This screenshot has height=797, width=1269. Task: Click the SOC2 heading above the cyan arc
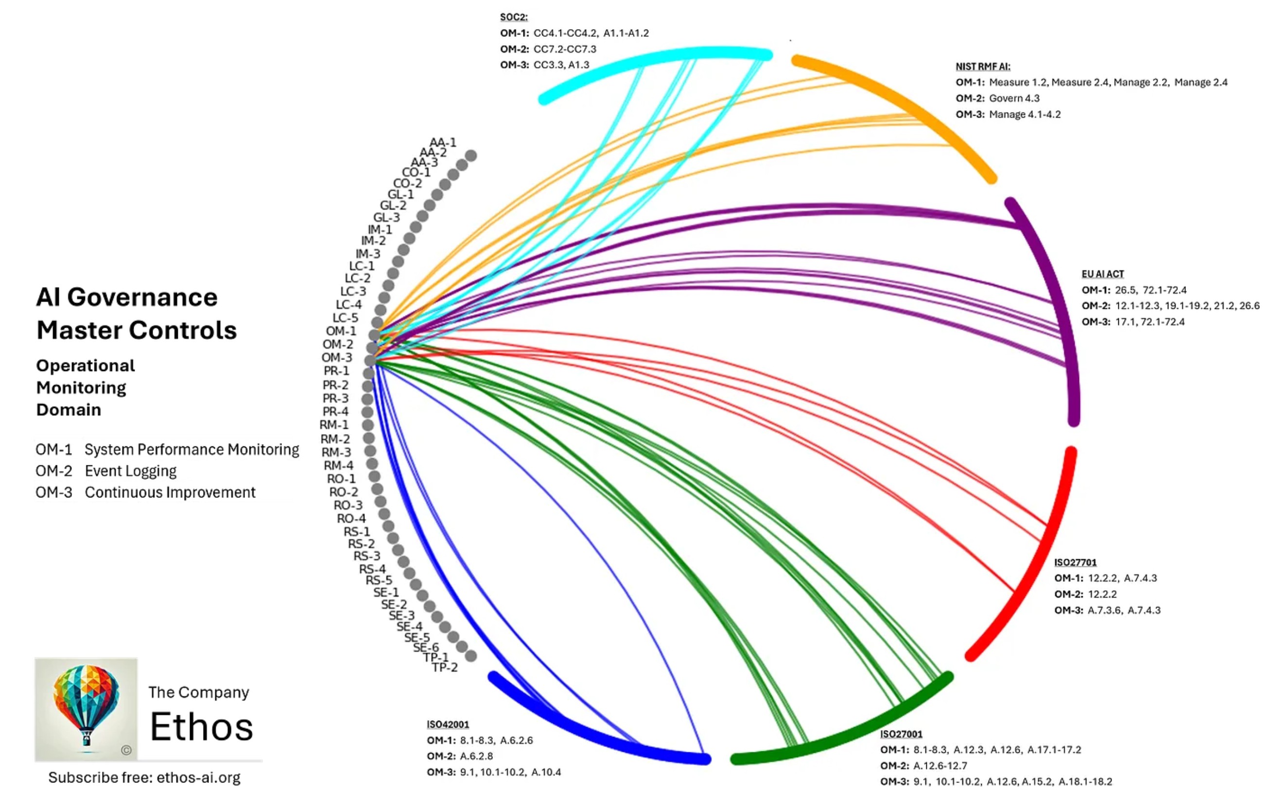[513, 18]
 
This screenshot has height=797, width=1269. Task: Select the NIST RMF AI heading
[982, 67]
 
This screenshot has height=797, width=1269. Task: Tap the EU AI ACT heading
[1103, 274]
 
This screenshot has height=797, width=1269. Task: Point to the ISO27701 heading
[1075, 563]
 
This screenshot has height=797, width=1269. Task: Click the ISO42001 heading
[448, 724]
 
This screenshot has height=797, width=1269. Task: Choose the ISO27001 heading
[901, 734]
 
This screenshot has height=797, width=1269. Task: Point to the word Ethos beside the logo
[201, 726]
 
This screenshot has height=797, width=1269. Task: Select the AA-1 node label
[442, 142]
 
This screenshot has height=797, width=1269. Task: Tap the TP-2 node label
[445, 667]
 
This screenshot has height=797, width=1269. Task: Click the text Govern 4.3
[1014, 99]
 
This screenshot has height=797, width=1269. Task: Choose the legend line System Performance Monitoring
[192, 450]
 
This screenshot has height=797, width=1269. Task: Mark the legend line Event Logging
[131, 471]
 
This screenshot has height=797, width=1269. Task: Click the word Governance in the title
[142, 297]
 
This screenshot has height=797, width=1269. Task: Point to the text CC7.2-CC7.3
[565, 49]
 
